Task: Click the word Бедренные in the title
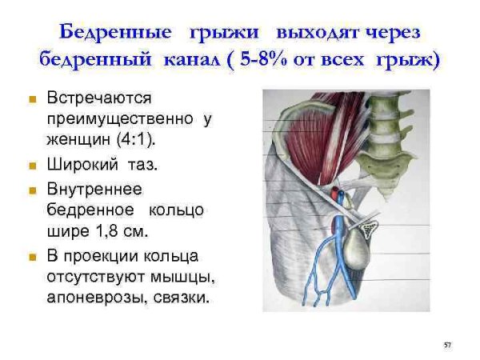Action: point(115,33)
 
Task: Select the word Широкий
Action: point(83,166)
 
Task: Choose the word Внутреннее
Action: point(94,189)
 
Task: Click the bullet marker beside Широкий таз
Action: point(32,167)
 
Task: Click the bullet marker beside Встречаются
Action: point(32,99)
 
